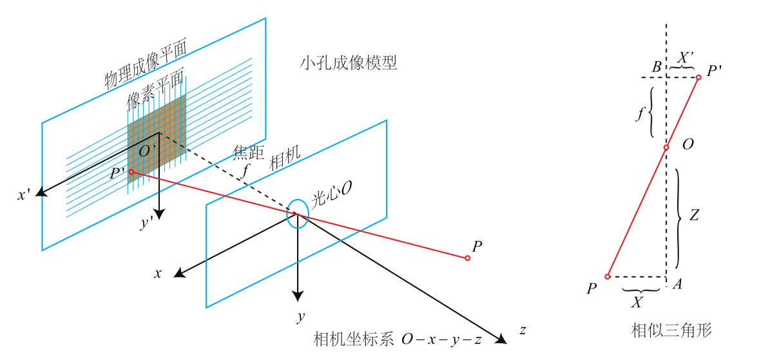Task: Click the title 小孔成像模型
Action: tap(348, 63)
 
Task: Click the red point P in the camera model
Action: tap(467, 258)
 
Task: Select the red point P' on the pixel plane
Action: tap(131, 172)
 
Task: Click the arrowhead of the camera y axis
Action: tap(297, 296)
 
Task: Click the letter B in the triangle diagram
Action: tap(656, 66)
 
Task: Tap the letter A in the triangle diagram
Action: tap(677, 285)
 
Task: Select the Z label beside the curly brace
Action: tap(693, 216)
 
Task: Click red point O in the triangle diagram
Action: tap(667, 147)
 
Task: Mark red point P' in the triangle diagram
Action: tap(698, 77)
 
